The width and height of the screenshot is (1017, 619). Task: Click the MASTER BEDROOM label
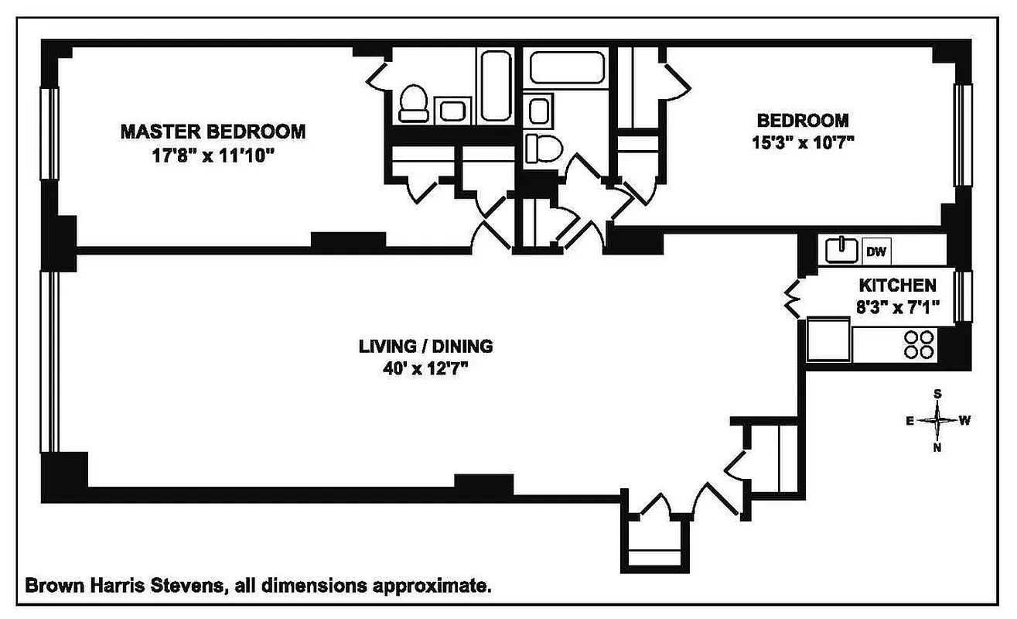(213, 132)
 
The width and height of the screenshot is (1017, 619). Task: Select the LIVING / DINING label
(425, 346)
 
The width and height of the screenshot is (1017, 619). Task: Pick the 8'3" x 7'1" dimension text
(898, 307)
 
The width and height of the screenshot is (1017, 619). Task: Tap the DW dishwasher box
(875, 251)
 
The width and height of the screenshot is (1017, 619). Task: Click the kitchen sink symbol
(841, 250)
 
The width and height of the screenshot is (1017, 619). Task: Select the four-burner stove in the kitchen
(919, 344)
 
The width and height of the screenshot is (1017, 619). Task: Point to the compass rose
(937, 421)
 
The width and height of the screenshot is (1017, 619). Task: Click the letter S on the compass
(937, 394)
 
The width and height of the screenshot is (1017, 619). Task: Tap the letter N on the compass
(937, 448)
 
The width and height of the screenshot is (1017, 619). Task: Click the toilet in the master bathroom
(414, 104)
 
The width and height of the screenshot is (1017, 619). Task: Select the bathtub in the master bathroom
(493, 85)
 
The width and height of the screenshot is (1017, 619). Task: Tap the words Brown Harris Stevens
(125, 586)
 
